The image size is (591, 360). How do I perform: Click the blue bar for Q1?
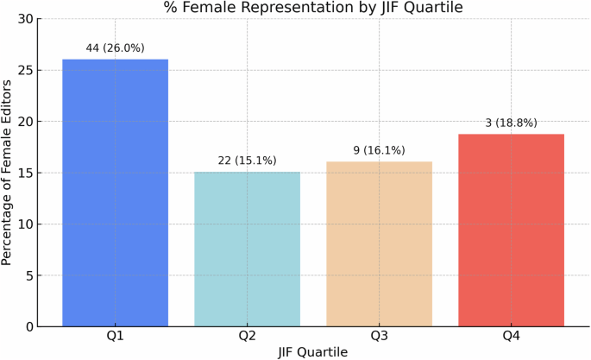(x=115, y=193)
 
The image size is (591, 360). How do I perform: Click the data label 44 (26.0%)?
(x=115, y=48)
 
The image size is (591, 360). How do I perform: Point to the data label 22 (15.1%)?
(x=247, y=161)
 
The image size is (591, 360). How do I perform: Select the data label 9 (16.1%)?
(x=379, y=150)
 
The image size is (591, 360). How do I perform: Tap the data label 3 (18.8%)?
(x=511, y=123)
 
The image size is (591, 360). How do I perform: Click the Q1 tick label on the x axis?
(x=115, y=338)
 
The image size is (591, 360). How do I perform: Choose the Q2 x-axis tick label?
(x=247, y=338)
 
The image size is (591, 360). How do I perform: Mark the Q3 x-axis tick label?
(x=379, y=338)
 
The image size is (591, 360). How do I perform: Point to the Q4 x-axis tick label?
(x=511, y=338)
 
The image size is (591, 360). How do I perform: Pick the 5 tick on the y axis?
(x=28, y=275)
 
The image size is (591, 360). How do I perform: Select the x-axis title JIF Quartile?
(x=312, y=352)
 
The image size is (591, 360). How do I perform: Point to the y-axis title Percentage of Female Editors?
(x=8, y=173)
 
